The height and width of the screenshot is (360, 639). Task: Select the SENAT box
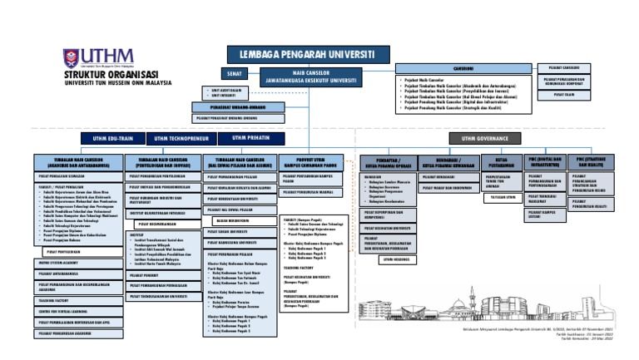[x=234, y=73]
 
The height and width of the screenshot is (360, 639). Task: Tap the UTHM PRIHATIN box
[x=250, y=138]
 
